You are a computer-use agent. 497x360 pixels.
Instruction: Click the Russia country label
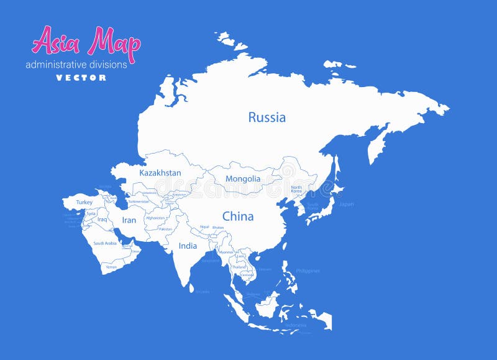coord(267,117)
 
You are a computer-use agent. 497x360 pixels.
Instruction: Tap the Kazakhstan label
coord(160,173)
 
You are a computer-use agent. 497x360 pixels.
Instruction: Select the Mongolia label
coord(243,178)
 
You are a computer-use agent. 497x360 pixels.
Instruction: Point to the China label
coord(238,216)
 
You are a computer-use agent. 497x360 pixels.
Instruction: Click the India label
coord(188,246)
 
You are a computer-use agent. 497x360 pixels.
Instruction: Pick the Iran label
coord(129,220)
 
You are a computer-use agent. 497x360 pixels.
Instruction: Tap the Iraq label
coord(103,219)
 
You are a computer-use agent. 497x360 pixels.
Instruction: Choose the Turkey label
coord(84,202)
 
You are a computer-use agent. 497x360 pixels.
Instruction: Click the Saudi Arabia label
coord(105,243)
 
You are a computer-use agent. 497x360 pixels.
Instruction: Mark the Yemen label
coord(111,267)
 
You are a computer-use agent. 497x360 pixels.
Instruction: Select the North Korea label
coord(296,189)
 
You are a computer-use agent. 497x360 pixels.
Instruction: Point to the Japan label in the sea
coord(346,204)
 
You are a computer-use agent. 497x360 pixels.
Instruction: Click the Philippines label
coord(308,270)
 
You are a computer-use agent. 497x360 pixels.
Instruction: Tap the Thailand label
coord(239,267)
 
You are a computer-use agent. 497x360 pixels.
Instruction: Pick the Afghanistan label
coord(155,218)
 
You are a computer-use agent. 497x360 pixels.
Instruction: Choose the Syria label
coord(91,213)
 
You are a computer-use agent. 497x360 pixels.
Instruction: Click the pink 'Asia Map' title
coord(86,42)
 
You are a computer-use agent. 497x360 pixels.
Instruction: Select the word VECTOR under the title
coord(81,78)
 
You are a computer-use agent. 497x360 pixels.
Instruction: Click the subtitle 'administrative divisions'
coord(76,64)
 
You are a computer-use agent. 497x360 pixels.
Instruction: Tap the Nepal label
coord(204,228)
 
